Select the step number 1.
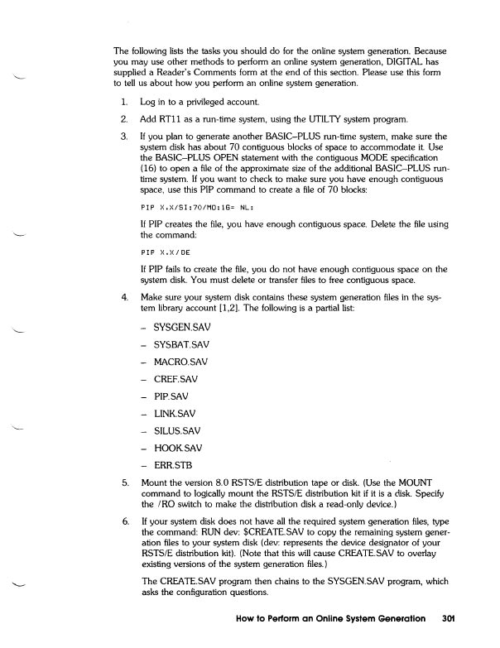coord(123,102)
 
